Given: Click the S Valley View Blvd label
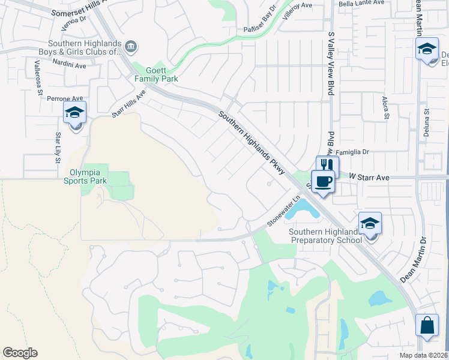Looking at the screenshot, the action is click(x=330, y=64).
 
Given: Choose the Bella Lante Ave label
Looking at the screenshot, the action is click(x=361, y=4).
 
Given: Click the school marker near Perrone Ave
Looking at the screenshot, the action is click(x=75, y=112).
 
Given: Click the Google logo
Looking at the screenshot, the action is click(x=20, y=352).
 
